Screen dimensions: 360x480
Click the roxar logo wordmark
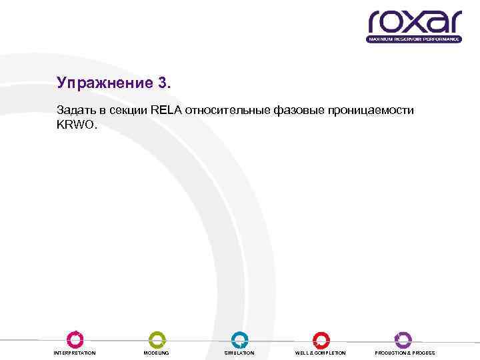pyautogui.click(x=414, y=22)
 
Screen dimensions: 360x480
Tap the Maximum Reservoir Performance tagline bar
pyautogui.click(x=414, y=39)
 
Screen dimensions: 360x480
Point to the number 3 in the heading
pyautogui.click(x=164, y=83)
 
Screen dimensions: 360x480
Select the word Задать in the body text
pyautogui.click(x=73, y=110)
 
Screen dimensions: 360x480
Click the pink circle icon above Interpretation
pyautogui.click(x=75, y=339)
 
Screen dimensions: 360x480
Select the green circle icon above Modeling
pyautogui.click(x=157, y=339)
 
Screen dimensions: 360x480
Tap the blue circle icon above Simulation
pyautogui.click(x=239, y=339)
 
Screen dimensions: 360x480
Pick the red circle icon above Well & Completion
pyautogui.click(x=321, y=339)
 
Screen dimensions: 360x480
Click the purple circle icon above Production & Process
pyautogui.click(x=403, y=339)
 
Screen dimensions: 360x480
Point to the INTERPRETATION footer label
pyautogui.click(x=75, y=353)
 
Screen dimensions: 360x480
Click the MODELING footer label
pyautogui.click(x=157, y=353)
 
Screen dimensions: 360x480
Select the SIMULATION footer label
pyautogui.click(x=239, y=353)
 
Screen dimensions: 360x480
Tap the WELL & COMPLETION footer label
pyautogui.click(x=321, y=353)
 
